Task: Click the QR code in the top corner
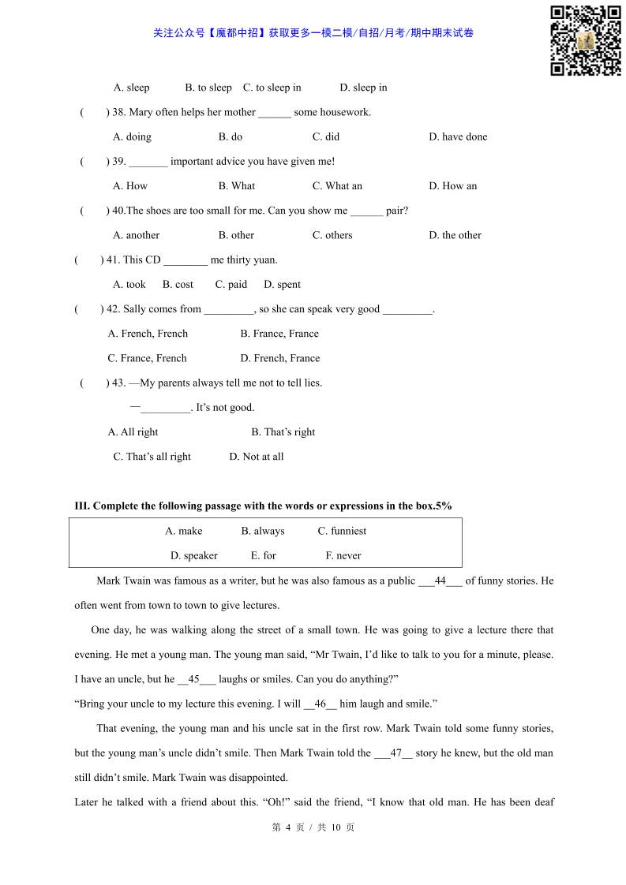(x=585, y=40)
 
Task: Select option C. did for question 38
(x=325, y=136)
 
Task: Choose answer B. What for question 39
(x=236, y=186)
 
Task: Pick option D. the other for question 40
(x=455, y=235)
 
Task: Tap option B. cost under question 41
(x=178, y=285)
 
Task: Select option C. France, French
(x=147, y=358)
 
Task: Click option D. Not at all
(x=256, y=457)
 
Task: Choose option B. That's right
(x=283, y=432)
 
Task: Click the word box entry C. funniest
(x=342, y=531)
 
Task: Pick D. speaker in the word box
(x=193, y=555)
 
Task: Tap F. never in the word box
(x=343, y=555)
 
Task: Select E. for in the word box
(x=263, y=555)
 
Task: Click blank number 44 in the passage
(x=440, y=581)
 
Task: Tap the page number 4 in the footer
(x=288, y=827)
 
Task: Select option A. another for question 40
(x=136, y=235)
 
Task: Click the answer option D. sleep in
(x=363, y=88)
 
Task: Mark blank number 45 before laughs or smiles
(x=193, y=679)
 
